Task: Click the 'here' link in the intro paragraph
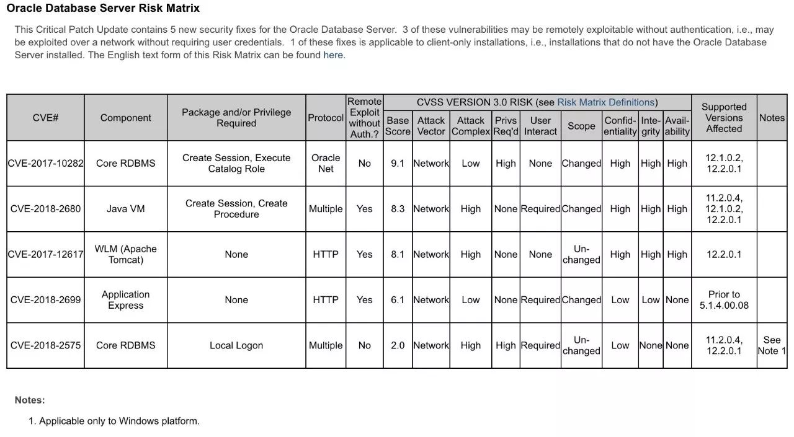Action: pyautogui.click(x=333, y=55)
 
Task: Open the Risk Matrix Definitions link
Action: pyautogui.click(x=605, y=102)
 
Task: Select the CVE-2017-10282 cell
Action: pyautogui.click(x=45, y=164)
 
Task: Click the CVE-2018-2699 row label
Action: pyautogui.click(x=45, y=300)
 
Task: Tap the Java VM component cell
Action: pyautogui.click(x=125, y=209)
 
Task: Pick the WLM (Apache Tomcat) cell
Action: pyautogui.click(x=125, y=254)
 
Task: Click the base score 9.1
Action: pyautogui.click(x=398, y=164)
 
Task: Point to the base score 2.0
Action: pyautogui.click(x=398, y=345)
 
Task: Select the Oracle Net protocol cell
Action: pyautogui.click(x=326, y=164)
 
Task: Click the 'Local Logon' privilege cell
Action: pyautogui.click(x=236, y=345)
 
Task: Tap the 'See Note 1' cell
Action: pyautogui.click(x=772, y=345)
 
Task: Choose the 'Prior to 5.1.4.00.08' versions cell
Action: pyautogui.click(x=724, y=300)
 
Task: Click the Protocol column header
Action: pyautogui.click(x=326, y=118)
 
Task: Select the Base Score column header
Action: pyautogui.click(x=398, y=126)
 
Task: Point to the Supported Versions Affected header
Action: pyautogui.click(x=724, y=118)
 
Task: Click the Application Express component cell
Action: pyautogui.click(x=125, y=300)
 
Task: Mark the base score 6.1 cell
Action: pyautogui.click(x=398, y=300)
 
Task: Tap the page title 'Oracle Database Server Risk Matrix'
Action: pyautogui.click(x=103, y=9)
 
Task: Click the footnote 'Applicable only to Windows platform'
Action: pyautogui.click(x=119, y=421)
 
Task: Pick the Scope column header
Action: pyautogui.click(x=581, y=126)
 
